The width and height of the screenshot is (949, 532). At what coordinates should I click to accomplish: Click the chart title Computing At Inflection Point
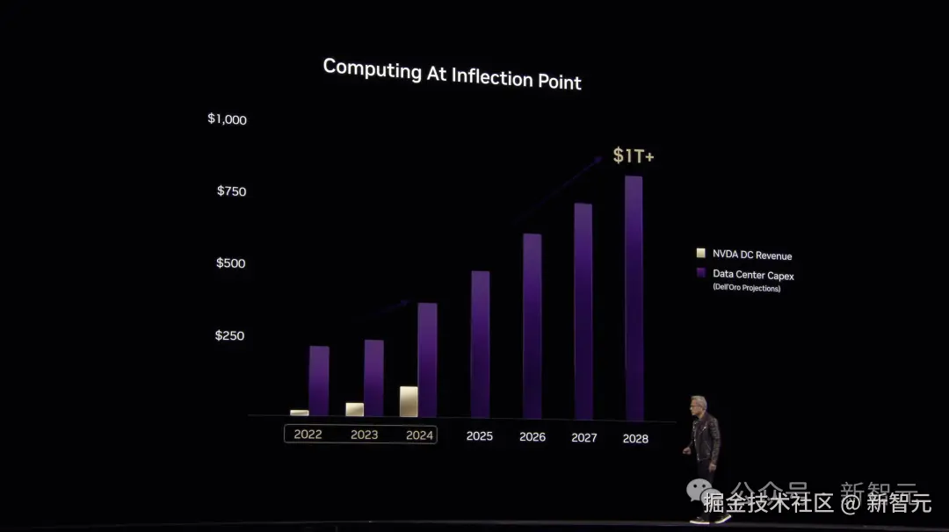point(452,74)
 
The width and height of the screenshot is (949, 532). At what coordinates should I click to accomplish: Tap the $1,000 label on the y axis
point(227,119)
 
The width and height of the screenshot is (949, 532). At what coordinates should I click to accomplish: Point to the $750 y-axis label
point(231,191)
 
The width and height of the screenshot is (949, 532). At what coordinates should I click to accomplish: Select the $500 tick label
point(231,262)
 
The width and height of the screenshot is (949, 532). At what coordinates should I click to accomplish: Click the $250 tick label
point(229,335)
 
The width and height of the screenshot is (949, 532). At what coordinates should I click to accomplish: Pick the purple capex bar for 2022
point(319,380)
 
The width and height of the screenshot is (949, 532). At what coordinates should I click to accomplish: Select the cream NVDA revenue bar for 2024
point(409,401)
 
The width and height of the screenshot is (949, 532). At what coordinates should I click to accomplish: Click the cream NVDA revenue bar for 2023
point(354,409)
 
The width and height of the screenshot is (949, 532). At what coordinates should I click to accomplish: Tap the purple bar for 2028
point(634,298)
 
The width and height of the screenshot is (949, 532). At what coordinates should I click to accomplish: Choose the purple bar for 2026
point(532,326)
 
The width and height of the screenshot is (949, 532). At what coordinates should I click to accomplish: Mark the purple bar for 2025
point(480,344)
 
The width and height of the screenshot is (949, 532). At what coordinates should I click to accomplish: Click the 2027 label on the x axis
point(583,437)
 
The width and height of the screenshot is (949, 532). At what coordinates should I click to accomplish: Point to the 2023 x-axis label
point(364,435)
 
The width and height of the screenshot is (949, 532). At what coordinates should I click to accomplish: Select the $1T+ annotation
point(633,156)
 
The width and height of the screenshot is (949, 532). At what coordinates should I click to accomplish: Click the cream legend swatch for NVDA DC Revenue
point(700,253)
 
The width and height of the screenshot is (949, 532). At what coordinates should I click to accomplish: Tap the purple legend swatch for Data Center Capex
point(700,273)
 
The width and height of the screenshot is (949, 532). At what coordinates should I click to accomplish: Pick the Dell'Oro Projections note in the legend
point(746,288)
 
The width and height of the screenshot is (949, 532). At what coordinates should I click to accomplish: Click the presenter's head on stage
point(699,406)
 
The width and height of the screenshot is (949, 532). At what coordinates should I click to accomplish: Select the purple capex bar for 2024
point(428,360)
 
